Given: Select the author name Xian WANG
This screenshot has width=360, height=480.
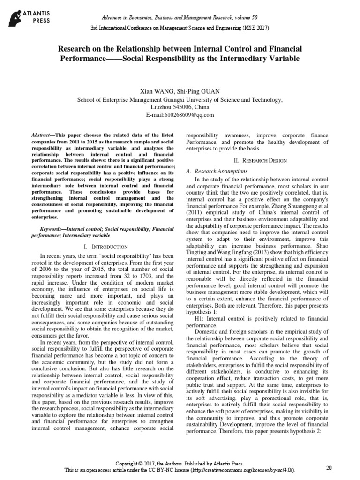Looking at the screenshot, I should (157, 91).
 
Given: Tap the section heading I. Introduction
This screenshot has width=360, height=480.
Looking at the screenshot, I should (105, 247).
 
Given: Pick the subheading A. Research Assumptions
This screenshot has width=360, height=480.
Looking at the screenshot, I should (217, 172).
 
